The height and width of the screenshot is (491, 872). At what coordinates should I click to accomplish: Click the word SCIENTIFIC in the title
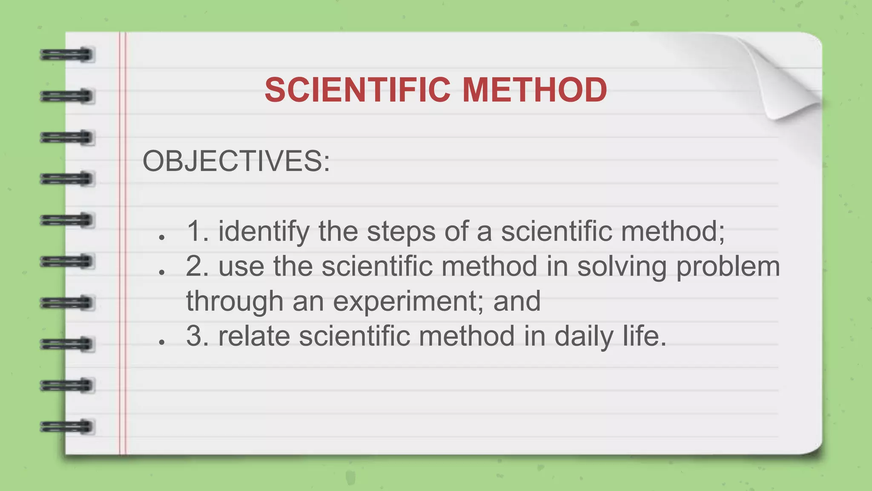357,90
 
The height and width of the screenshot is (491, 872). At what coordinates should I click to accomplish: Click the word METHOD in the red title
534,90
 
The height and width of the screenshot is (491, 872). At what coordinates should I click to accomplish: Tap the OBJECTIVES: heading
236,162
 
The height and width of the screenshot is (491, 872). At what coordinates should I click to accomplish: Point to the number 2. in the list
197,266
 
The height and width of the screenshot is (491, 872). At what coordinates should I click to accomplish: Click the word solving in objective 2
622,266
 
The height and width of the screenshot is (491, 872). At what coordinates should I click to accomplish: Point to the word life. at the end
645,336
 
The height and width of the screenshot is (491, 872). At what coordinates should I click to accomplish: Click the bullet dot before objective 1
161,237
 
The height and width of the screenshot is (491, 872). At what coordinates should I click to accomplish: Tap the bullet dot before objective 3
161,342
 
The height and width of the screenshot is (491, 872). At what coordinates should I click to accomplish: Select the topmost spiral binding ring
67,55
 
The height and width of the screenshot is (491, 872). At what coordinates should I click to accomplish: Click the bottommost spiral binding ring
67,427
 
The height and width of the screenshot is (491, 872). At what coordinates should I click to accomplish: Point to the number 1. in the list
198,231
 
